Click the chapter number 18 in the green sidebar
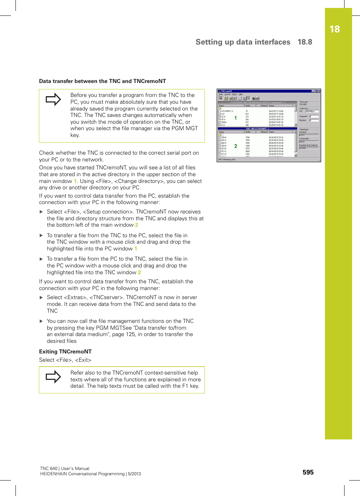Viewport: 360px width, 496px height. (x=334, y=29)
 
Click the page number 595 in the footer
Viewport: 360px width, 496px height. (x=308, y=472)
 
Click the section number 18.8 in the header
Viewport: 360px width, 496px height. (x=305, y=42)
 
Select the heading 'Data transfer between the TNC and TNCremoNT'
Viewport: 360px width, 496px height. (x=102, y=81)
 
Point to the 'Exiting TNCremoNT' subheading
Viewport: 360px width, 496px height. (x=65, y=352)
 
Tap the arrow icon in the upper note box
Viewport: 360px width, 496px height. (x=53, y=99)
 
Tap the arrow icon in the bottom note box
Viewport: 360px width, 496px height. (x=53, y=376)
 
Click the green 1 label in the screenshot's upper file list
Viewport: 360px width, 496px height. (x=236, y=118)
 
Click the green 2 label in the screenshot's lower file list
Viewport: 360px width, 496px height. (x=236, y=146)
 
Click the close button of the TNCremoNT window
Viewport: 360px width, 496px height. (x=318, y=91)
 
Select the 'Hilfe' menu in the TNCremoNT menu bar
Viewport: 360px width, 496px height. (x=240, y=94)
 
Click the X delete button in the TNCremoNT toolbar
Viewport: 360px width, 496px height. (x=234, y=98)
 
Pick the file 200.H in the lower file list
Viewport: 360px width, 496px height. (x=223, y=138)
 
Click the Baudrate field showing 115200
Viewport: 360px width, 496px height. (x=308, y=148)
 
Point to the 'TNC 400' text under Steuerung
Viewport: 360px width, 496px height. (x=303, y=104)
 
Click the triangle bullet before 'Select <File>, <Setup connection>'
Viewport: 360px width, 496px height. (x=42, y=212)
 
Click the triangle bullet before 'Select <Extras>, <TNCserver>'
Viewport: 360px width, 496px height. (x=42, y=298)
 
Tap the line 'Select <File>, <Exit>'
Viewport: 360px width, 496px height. (x=65, y=360)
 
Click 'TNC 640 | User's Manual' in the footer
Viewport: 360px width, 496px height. (x=65, y=468)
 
